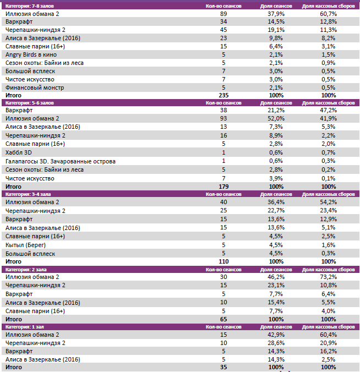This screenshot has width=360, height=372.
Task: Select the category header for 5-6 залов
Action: [x=30, y=103]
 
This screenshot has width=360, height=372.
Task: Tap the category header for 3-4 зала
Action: [x=29, y=195]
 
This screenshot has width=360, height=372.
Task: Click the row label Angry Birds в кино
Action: [x=31, y=54]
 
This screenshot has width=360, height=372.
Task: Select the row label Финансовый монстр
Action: [x=35, y=87]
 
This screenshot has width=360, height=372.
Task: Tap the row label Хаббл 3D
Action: [x=19, y=152]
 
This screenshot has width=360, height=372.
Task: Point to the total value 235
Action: [x=223, y=95]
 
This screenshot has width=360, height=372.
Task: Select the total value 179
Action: [x=223, y=187]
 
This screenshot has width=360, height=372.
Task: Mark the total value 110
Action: [x=223, y=261]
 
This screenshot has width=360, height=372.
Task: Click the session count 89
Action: [x=223, y=13]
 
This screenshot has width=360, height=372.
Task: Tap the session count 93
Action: [x=223, y=118]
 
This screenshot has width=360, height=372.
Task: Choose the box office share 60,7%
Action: [x=328, y=13]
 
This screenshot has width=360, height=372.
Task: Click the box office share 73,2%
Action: [x=328, y=277]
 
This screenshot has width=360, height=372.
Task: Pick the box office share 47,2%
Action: [x=328, y=110]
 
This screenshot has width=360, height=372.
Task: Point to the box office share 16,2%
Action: [x=328, y=351]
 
